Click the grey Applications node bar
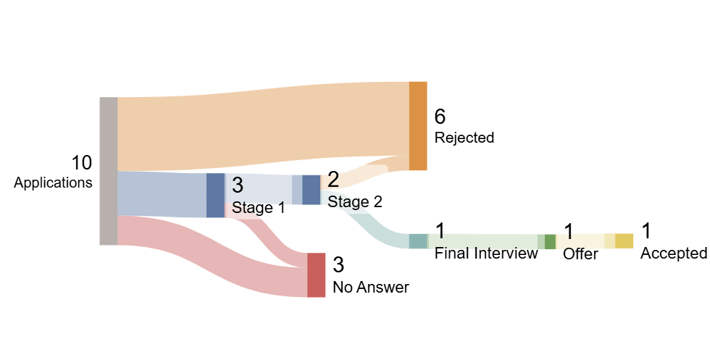point(108,171)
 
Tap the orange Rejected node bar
point(418,126)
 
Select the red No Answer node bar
point(316,275)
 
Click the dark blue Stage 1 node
point(215,196)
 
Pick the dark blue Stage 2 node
point(311,190)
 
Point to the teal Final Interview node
point(418,241)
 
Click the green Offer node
point(550,242)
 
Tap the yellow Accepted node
point(624,241)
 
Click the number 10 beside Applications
point(81,163)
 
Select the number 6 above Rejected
point(440,117)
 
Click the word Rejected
point(464,138)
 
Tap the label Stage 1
point(258,209)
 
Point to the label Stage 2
point(354,202)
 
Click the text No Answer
point(370,288)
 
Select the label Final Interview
point(485,254)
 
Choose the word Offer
point(580,254)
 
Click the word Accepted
point(673,254)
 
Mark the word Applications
point(53,183)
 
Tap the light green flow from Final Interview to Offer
point(482,241)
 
